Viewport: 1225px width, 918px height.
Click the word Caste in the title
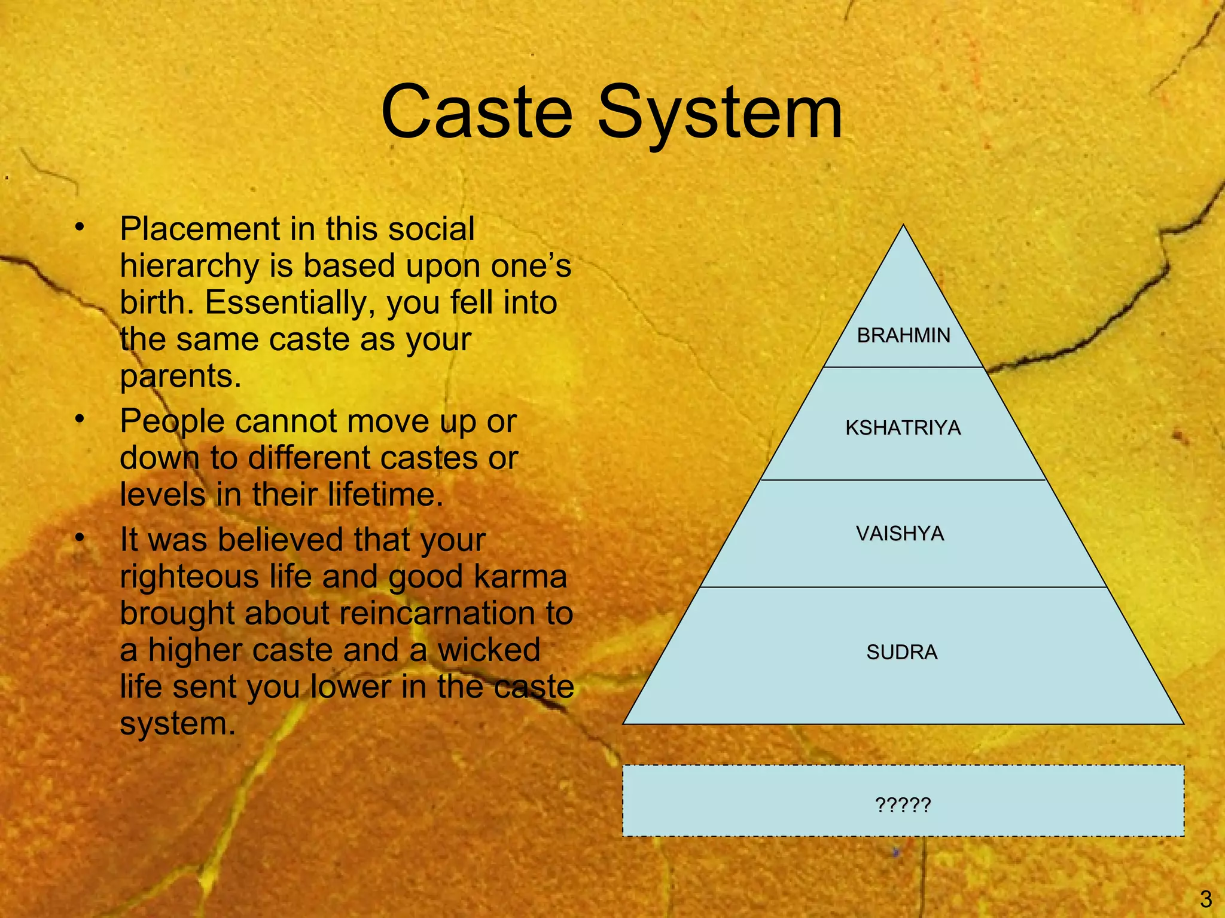477,112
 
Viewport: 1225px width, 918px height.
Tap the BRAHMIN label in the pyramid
903,335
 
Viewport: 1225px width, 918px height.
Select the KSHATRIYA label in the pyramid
903,428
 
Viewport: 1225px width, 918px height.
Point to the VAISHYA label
900,533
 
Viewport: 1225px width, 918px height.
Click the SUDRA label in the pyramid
901,652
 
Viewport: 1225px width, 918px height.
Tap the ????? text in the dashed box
903,805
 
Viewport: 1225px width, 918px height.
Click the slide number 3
1205,898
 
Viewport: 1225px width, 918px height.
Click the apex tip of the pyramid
903,227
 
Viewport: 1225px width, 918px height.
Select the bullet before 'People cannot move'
80,420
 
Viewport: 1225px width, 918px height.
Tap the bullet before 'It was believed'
80,538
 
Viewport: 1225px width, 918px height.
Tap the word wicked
489,650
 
